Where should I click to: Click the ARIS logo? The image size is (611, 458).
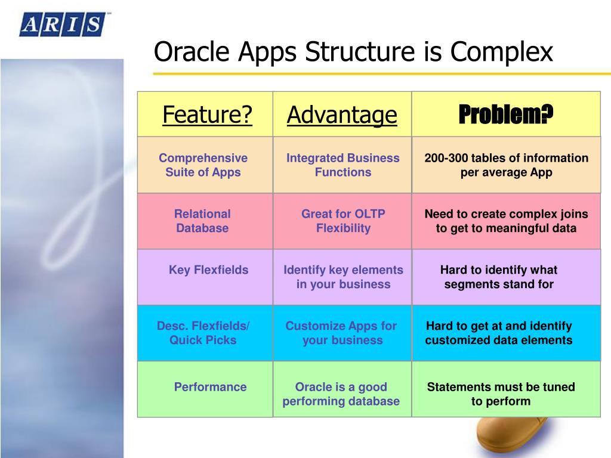pos(63,24)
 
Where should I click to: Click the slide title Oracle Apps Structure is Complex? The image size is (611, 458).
pos(353,51)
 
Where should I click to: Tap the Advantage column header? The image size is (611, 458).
pos(342,114)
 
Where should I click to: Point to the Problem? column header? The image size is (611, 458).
pos(506,114)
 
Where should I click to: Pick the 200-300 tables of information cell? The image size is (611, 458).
pos(506,165)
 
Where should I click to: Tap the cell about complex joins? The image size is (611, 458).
pos(506,221)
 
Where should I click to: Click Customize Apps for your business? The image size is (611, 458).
pos(341,333)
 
